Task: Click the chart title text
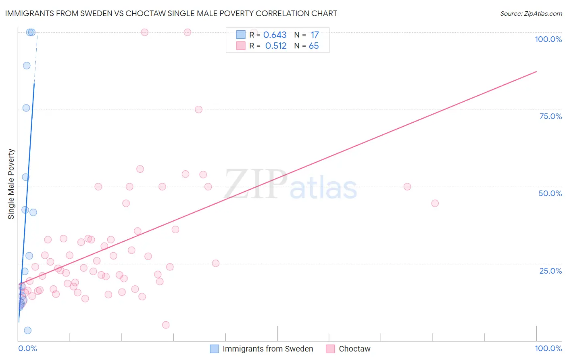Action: (171, 13)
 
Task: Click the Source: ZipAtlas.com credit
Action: (531, 13)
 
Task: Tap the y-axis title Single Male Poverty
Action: (11, 184)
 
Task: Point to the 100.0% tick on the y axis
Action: (548, 39)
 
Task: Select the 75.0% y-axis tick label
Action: (550, 116)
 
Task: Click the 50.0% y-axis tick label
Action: (550, 193)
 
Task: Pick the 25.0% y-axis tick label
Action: (550, 270)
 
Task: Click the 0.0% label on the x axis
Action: (27, 348)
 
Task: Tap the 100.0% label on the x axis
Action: (548, 348)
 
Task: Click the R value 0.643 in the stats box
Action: (275, 35)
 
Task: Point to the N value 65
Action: (314, 46)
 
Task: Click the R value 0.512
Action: (276, 46)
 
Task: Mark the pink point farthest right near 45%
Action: (435, 203)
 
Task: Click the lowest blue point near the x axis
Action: (27, 331)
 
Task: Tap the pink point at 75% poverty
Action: (198, 109)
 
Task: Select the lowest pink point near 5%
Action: (165, 325)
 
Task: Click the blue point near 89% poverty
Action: (27, 65)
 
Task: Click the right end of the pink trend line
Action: (536, 71)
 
